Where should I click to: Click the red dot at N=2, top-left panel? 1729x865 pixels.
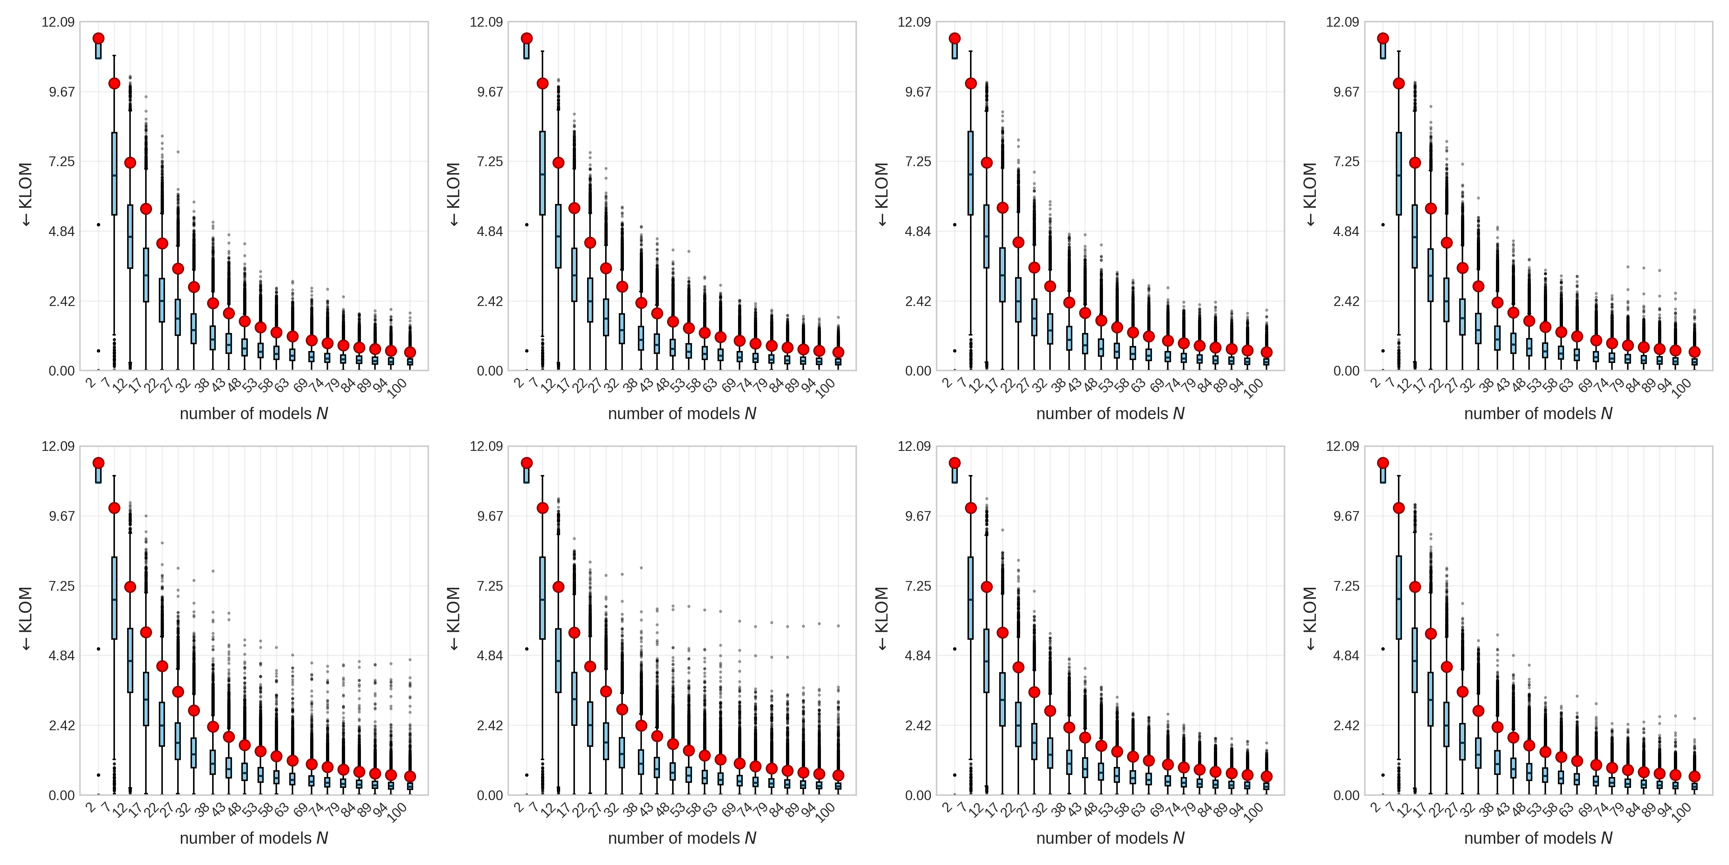click(99, 38)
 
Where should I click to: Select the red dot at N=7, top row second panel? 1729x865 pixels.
click(542, 83)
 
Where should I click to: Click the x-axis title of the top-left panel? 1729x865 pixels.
click(254, 414)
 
